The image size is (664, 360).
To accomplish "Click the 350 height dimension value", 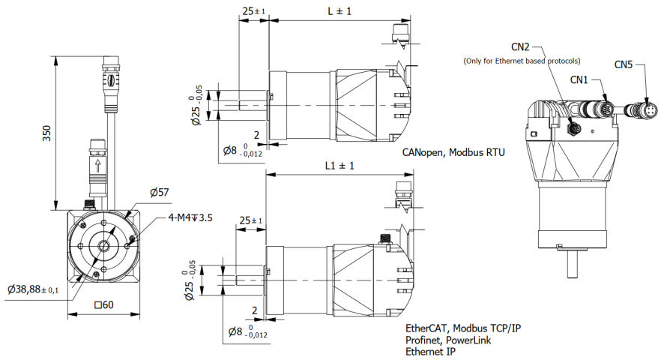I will (x=46, y=133).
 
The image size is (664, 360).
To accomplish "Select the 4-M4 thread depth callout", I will (x=190, y=218).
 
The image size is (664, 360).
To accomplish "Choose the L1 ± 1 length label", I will (x=339, y=166).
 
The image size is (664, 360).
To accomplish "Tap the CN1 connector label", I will (x=579, y=79).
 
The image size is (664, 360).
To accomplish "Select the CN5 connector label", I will (x=624, y=64).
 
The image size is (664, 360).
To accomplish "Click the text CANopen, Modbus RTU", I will (x=453, y=152).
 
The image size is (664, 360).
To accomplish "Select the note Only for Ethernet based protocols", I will (x=522, y=60).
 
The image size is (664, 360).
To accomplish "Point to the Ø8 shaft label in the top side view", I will (x=243, y=152).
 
